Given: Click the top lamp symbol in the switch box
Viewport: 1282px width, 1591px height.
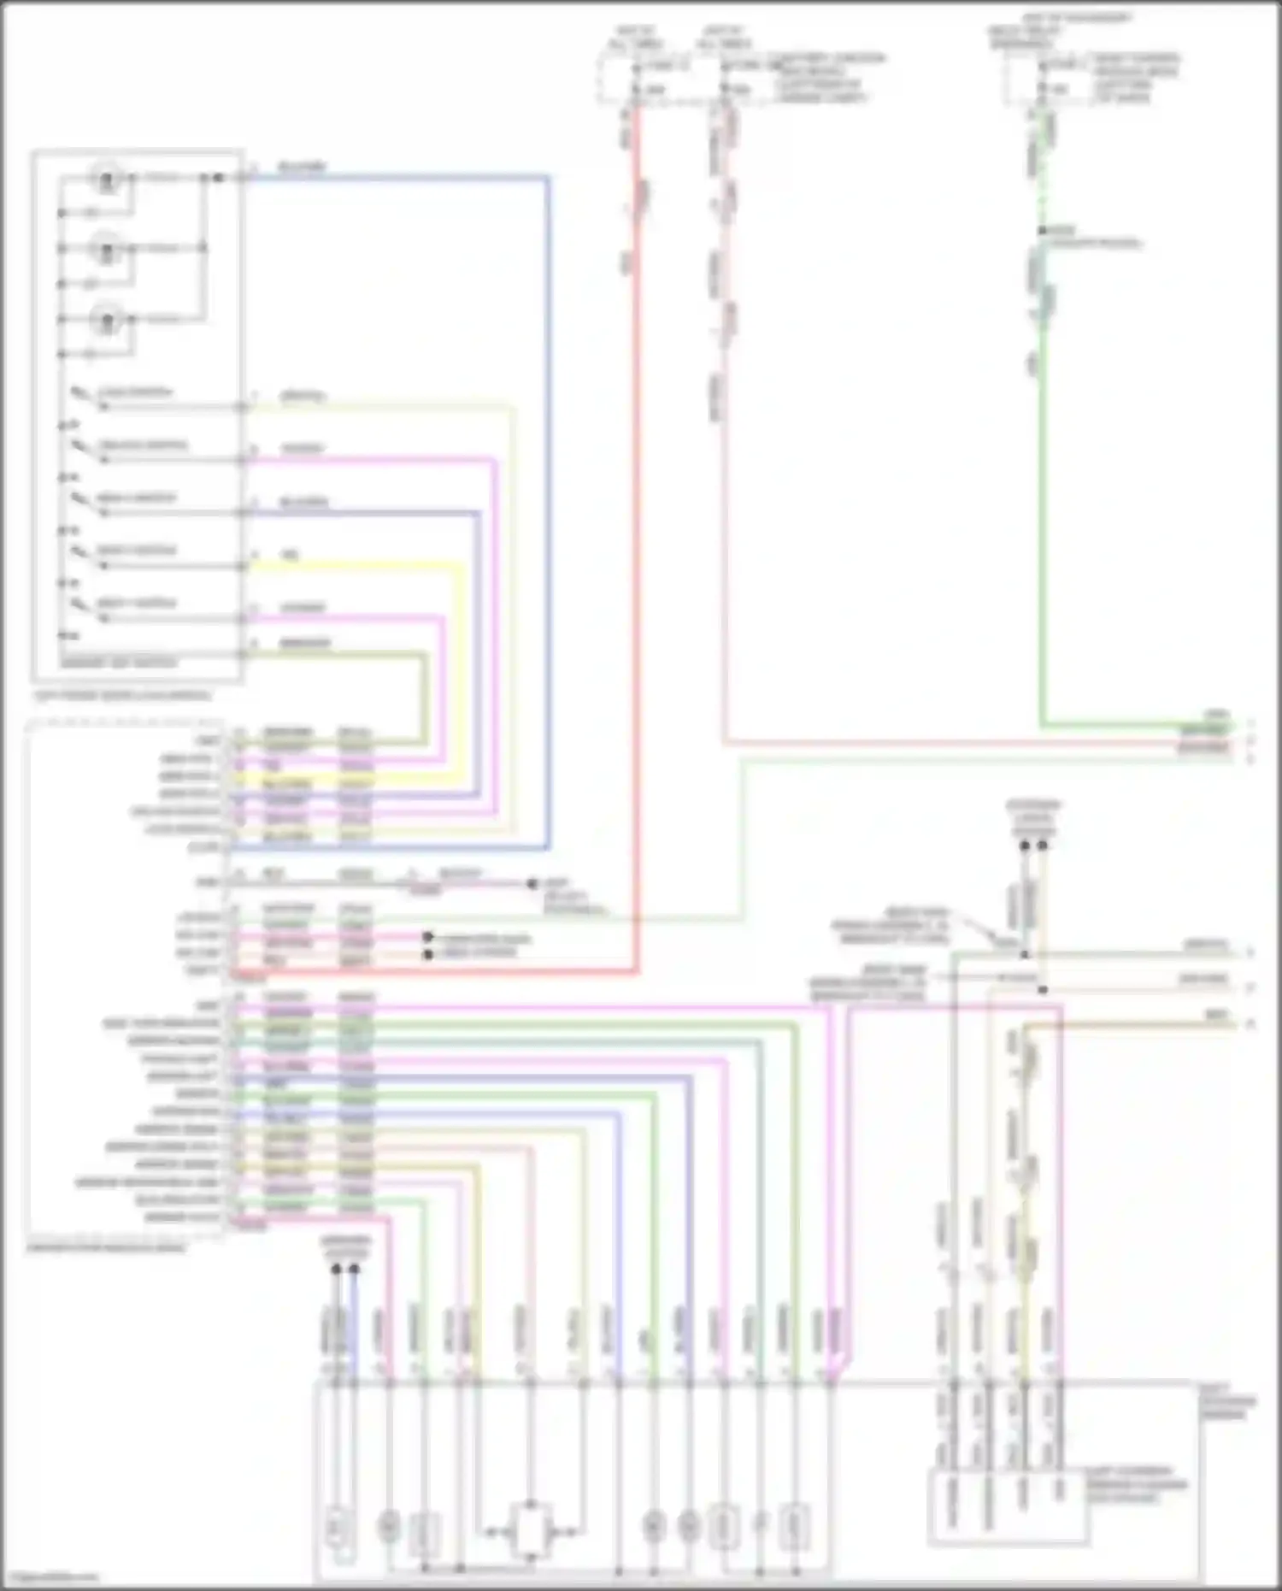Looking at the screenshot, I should pyautogui.click(x=107, y=180).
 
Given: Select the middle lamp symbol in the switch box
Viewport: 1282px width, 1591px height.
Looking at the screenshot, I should pyautogui.click(x=107, y=250).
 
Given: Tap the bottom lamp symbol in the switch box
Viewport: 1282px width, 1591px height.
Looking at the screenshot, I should pyautogui.click(x=107, y=321).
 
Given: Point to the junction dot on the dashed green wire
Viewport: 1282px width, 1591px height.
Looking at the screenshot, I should pyautogui.click(x=1043, y=232).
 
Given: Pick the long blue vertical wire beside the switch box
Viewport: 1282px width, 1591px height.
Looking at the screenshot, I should pyautogui.click(x=548, y=513).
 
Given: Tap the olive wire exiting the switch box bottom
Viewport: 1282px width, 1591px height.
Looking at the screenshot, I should pyautogui.click(x=342, y=655).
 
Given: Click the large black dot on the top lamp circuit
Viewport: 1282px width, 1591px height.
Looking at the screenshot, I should pyautogui.click(x=218, y=178).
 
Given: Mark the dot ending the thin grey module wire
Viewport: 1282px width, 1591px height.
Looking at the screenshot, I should pyautogui.click(x=532, y=883).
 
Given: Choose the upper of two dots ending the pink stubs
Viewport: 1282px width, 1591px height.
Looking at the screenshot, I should pyautogui.click(x=429, y=937).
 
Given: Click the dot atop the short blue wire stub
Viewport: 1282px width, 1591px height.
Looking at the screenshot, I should pyautogui.click(x=354, y=1270).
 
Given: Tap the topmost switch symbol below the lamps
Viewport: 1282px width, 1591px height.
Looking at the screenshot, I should pyautogui.click(x=81, y=395).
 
